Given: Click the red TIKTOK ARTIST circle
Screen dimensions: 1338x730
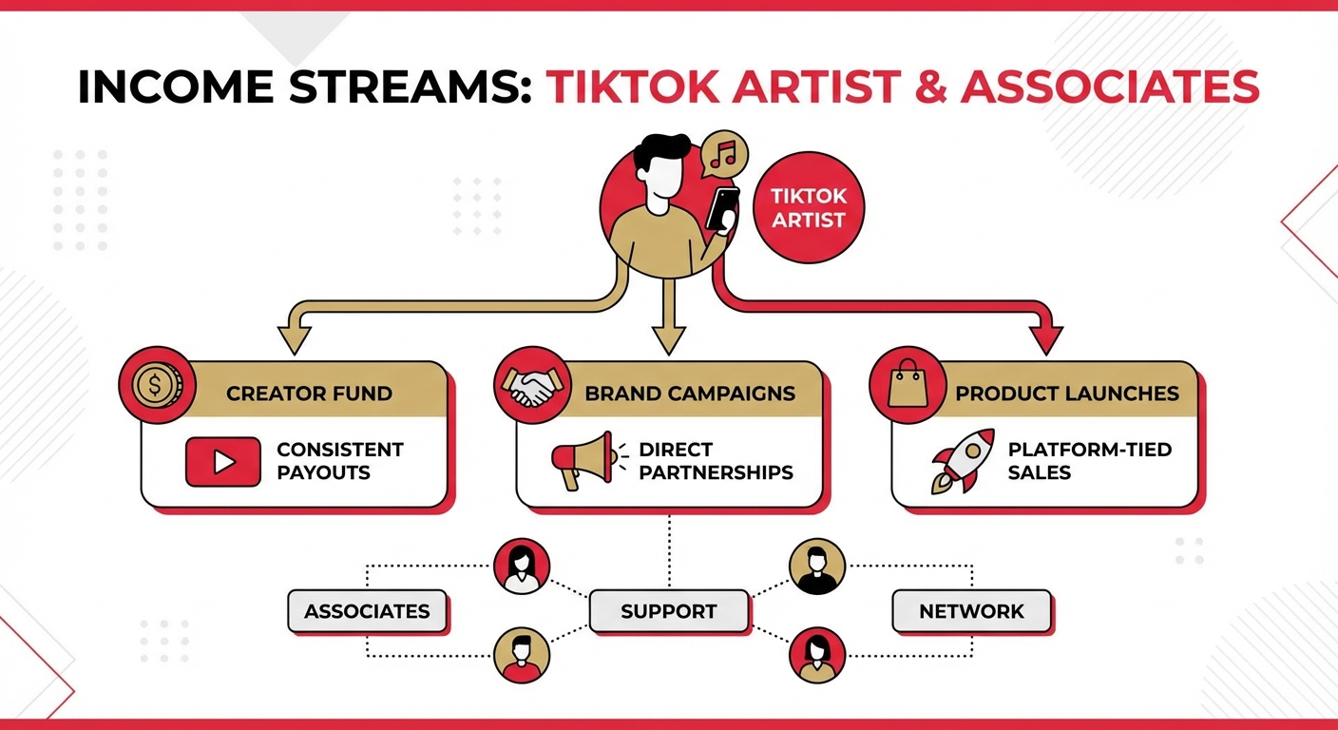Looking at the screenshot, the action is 808,207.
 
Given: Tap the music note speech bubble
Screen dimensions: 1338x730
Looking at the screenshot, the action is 724,154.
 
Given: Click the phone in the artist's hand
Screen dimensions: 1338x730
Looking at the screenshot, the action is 722,208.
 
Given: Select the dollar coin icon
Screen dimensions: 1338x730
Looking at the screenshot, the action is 157,385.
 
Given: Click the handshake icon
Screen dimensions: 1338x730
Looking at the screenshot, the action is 531,385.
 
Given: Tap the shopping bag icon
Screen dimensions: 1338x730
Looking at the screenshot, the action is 908,385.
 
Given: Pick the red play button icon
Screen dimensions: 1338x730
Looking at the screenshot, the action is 222,462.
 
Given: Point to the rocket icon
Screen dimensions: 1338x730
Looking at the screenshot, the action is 963,461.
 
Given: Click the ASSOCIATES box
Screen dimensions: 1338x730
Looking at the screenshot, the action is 368,611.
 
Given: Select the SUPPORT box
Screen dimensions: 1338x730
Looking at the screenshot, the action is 669,611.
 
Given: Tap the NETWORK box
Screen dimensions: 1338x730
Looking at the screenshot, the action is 972,611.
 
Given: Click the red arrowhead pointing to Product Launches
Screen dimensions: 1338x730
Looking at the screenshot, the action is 1046,340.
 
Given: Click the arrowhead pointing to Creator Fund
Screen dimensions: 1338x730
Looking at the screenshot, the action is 294,340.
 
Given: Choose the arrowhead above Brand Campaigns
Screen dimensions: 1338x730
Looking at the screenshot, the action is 669,340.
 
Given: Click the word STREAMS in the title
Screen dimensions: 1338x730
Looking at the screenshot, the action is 408,87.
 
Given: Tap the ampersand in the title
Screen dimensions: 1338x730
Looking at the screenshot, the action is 930,87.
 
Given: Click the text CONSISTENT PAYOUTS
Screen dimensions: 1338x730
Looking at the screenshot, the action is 340,461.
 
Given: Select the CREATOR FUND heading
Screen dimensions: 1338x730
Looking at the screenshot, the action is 310,394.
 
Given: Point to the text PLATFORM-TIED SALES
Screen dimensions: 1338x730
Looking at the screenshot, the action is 1090,461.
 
